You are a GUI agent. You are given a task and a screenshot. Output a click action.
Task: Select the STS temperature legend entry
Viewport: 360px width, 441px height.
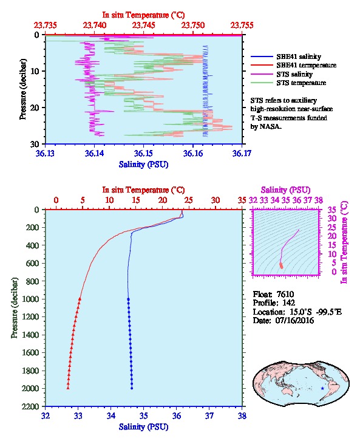pos(288,83)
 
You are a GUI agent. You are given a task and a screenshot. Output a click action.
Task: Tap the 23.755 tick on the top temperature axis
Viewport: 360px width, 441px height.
pos(242,26)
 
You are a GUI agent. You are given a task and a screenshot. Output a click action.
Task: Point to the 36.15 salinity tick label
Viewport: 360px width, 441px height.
pos(143,153)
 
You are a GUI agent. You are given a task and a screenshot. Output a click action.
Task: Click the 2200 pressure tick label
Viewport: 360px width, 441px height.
pos(30,406)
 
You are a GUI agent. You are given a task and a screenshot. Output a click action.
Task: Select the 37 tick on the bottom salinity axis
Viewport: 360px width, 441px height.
pos(209,415)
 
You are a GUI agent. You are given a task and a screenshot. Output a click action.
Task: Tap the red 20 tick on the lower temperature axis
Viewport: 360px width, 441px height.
pos(163,200)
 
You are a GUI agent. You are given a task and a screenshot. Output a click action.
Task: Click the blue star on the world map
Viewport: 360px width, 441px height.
pos(322,388)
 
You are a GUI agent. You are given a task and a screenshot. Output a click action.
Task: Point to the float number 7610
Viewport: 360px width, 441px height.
pos(285,294)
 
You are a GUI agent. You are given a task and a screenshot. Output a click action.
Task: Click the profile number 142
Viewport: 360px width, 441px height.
pos(288,303)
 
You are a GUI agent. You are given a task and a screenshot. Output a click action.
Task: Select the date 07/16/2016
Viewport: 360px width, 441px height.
pos(294,320)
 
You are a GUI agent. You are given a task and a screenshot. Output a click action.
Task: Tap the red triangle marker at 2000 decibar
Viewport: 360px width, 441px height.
pos(68,388)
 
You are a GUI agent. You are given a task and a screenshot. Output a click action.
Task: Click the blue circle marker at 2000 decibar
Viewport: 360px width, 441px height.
pos(132,388)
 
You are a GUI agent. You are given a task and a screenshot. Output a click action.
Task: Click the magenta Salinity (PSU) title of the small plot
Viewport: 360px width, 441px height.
pos(285,190)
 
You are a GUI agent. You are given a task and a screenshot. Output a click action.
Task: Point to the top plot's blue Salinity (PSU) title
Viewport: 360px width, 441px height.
pos(143,165)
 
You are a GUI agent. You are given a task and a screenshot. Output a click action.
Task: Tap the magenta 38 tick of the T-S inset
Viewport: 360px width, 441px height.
pos(318,200)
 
